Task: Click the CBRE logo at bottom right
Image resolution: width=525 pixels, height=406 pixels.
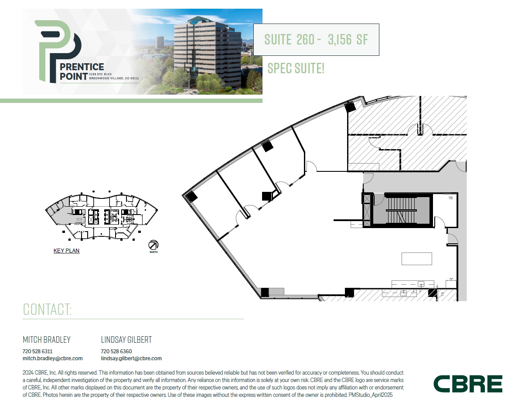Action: click(x=467, y=384)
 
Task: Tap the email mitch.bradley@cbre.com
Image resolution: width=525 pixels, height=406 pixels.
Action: click(x=52, y=358)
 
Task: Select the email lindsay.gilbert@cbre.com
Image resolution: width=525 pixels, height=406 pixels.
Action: click(x=131, y=358)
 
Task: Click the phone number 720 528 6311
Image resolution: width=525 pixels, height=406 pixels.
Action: click(x=37, y=351)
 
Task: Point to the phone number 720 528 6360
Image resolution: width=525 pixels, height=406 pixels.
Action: click(x=116, y=351)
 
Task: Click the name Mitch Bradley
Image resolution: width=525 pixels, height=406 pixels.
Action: click(x=46, y=340)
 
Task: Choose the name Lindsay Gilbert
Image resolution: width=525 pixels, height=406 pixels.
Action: click(x=126, y=340)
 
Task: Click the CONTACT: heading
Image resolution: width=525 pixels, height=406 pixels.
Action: click(x=47, y=309)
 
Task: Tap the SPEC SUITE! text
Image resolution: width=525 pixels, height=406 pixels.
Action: click(x=296, y=68)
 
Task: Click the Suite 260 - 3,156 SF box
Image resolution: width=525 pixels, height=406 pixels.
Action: click(x=316, y=40)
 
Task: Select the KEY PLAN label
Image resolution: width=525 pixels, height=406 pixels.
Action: click(x=66, y=251)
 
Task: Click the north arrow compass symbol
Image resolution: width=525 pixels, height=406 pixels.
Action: click(x=153, y=245)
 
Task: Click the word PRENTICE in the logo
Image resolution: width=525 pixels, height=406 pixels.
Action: click(x=82, y=67)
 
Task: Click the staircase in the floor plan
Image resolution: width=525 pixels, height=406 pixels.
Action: click(x=402, y=210)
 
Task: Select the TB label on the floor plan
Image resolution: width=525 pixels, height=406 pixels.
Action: click(x=450, y=198)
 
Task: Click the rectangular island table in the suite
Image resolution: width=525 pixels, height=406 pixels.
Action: click(x=416, y=259)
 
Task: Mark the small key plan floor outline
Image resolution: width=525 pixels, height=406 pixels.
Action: click(x=102, y=216)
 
